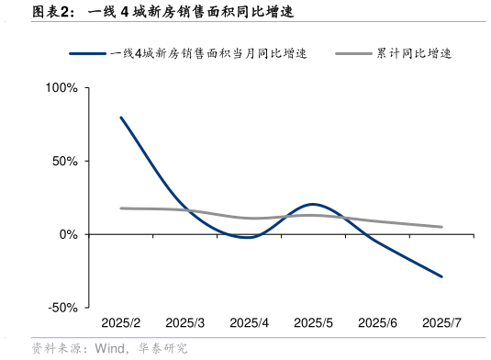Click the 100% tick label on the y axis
tap(61, 88)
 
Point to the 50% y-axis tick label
tap(65, 161)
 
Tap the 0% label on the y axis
tap(69, 234)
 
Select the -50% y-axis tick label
tap(63, 308)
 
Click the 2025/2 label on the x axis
tap(120, 323)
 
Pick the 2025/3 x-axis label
tap(184, 323)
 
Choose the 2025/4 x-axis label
tap(249, 323)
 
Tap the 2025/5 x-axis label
tap(313, 323)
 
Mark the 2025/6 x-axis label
tap(377, 323)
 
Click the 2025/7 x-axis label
tap(441, 323)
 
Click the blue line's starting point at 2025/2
tap(121, 118)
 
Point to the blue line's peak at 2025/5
tap(313, 204)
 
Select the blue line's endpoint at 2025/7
tap(441, 276)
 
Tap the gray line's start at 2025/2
tap(121, 208)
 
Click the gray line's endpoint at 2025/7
tap(441, 227)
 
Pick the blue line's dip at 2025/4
tap(249, 237)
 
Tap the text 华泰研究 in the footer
tap(163, 348)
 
